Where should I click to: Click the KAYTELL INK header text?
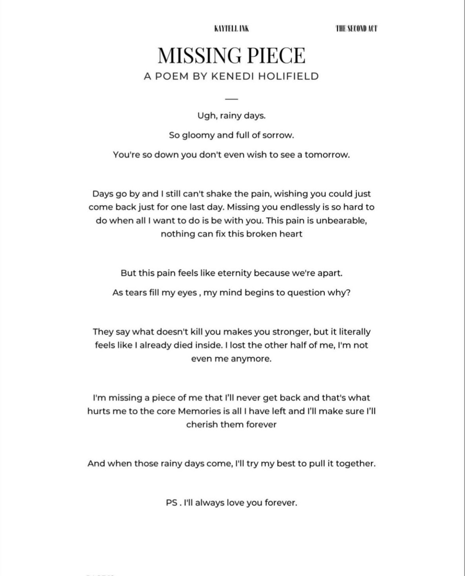231,28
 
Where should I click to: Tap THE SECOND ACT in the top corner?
356,28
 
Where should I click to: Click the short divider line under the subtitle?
231,99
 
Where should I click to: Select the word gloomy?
198,135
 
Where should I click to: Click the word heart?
291,234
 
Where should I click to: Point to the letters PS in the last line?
172,503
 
